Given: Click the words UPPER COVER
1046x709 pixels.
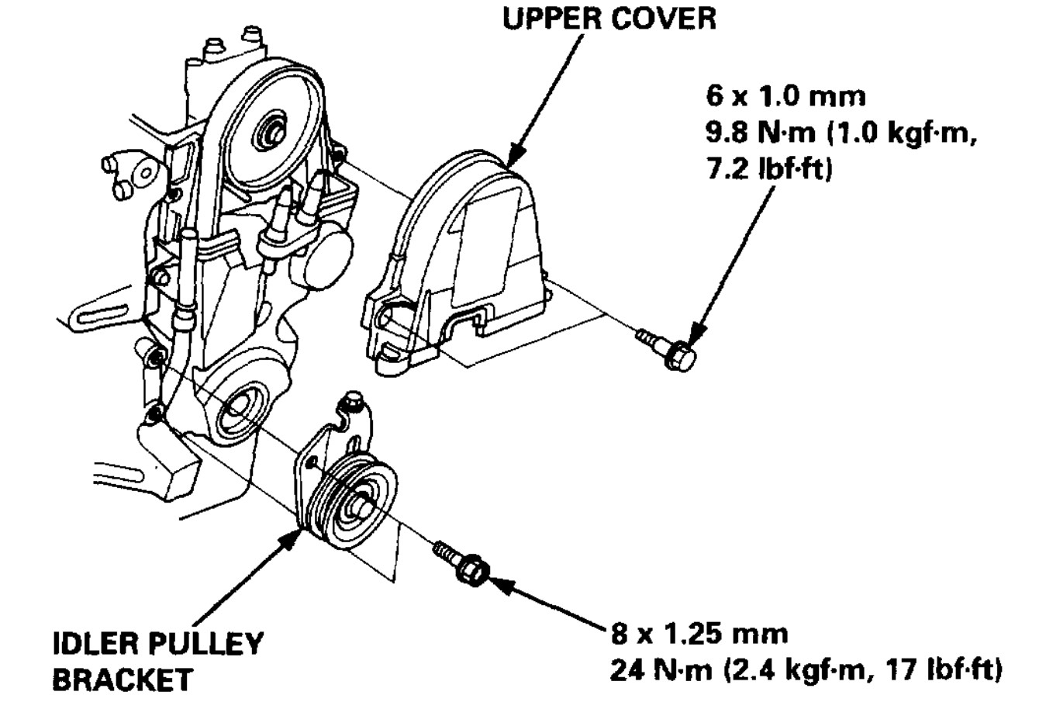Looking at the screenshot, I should point(609,18).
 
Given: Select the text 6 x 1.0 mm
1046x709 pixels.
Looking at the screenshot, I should point(785,96).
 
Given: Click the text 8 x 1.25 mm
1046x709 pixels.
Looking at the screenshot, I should point(699,635).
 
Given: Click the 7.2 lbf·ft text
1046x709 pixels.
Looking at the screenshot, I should point(768,170).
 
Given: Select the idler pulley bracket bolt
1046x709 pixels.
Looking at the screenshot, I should point(461,565).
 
